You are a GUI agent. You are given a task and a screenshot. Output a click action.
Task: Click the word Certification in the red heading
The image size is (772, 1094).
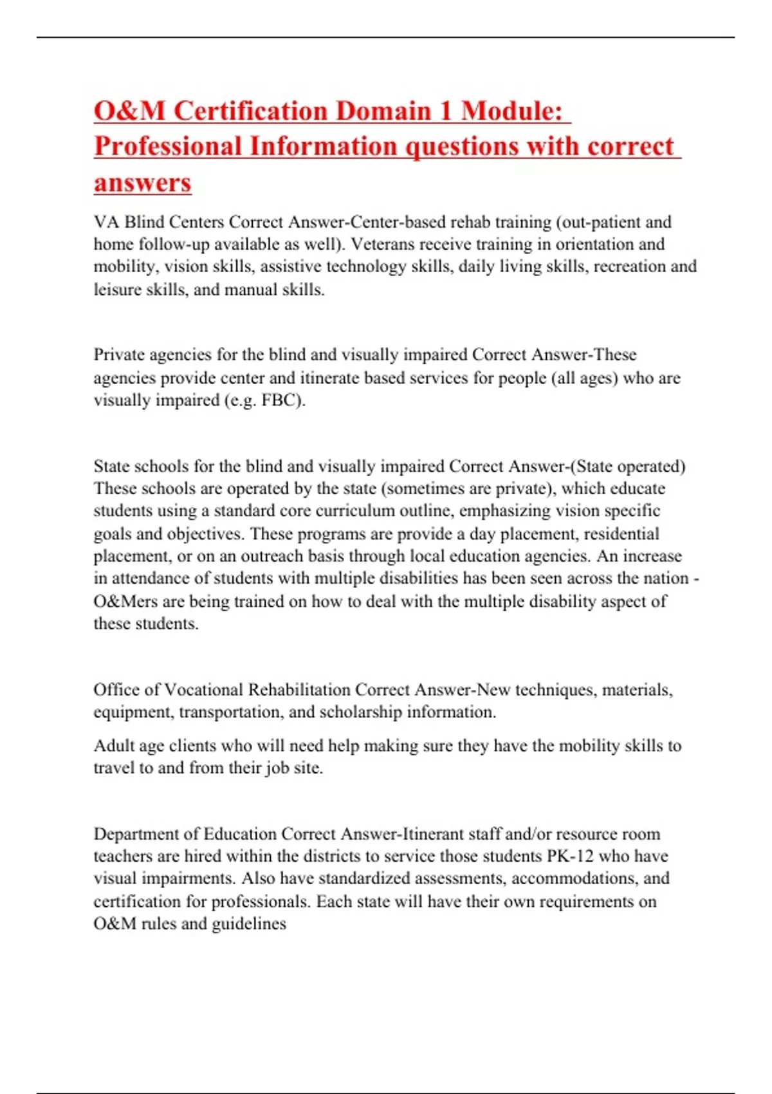[x=250, y=111]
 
